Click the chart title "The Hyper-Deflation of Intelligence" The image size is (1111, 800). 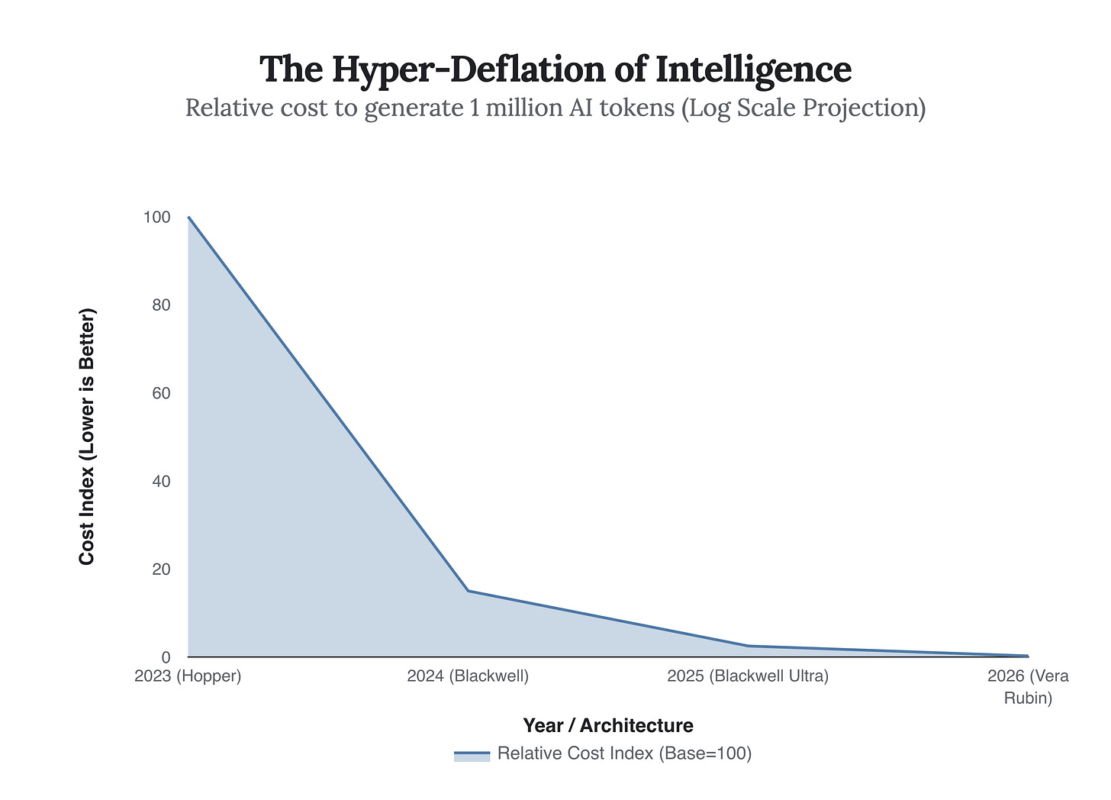click(555, 69)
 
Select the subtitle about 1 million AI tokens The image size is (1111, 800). click(555, 108)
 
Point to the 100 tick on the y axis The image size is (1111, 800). click(156, 218)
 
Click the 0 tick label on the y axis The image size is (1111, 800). click(165, 657)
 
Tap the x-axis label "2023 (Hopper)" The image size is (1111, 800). click(188, 676)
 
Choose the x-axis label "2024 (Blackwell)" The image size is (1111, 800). click(468, 676)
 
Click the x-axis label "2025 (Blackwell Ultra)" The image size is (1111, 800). click(748, 676)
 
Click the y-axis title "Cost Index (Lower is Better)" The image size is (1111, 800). click(87, 437)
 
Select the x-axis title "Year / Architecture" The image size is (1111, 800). click(608, 725)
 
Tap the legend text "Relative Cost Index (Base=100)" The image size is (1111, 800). click(624, 753)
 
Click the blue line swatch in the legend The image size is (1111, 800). click(472, 754)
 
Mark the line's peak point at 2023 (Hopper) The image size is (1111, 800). click(188, 217)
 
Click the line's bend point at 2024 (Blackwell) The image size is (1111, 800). click(468, 591)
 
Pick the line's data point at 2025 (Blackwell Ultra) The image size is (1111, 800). click(748, 646)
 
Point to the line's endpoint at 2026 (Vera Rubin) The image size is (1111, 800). click(1027, 656)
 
